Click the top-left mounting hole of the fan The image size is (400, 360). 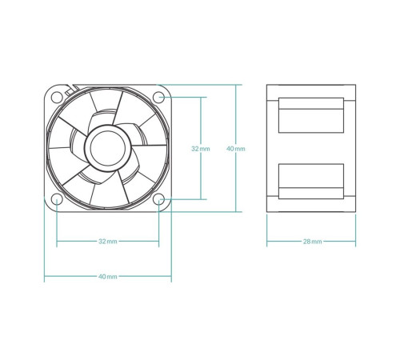(57, 98)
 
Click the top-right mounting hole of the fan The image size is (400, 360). (159, 98)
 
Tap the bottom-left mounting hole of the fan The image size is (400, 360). (57, 199)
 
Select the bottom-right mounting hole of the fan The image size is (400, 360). (159, 199)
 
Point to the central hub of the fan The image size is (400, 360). (107, 147)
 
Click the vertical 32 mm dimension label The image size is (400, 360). (201, 149)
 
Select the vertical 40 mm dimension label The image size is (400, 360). (236, 149)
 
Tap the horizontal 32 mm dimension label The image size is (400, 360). (107, 241)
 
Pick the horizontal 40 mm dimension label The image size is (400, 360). (107, 276)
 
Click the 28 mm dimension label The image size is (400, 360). (312, 241)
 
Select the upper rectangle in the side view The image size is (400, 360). (311, 114)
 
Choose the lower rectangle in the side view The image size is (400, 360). (311, 181)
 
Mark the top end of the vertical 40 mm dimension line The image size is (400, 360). (236, 84)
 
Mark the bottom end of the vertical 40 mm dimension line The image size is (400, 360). (236, 212)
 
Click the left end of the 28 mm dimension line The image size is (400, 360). (266, 241)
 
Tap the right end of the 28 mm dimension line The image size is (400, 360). (356, 241)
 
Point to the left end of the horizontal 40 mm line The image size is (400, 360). (44, 276)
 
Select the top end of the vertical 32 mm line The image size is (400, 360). (201, 98)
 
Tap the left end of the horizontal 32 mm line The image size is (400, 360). (57, 241)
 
